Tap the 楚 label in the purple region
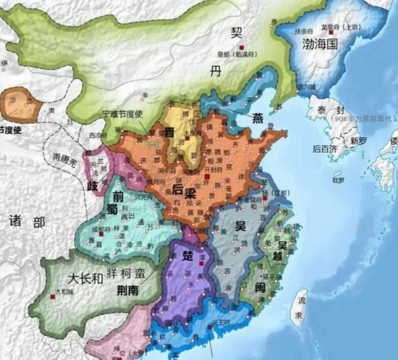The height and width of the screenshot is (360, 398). (x=189, y=256)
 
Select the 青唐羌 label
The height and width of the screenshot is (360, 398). (x=63, y=158)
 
